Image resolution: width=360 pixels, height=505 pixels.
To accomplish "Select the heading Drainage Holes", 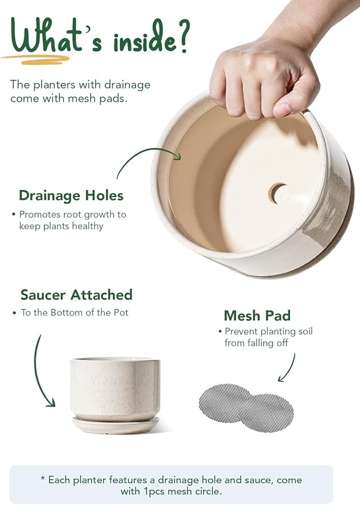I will tap(71, 195).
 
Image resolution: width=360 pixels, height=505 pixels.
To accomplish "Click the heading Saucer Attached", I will tap(76, 295).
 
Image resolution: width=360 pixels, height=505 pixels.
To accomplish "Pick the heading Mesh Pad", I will tap(257, 315).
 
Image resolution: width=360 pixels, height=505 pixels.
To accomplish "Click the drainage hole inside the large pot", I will tap(280, 194).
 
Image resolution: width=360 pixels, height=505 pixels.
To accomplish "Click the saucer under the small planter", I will tap(115, 425).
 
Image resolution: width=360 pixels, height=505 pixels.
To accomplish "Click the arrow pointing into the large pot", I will tap(146, 158).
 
